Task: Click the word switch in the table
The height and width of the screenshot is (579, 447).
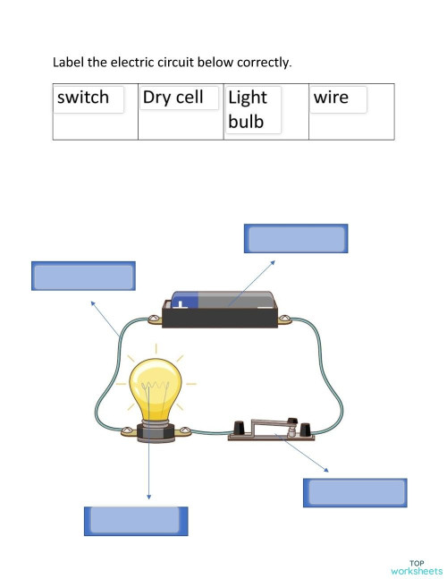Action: click(x=83, y=98)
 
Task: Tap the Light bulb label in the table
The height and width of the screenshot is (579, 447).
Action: click(x=248, y=109)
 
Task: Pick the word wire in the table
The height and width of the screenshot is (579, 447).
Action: click(x=332, y=98)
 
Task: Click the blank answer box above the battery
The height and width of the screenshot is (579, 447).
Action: click(x=296, y=239)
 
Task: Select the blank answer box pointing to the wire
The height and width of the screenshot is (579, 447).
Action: click(x=83, y=276)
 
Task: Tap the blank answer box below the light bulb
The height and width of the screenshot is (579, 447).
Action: click(x=136, y=521)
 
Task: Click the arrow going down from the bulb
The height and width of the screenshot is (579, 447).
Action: click(x=149, y=470)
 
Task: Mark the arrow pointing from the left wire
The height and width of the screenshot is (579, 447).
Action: click(x=105, y=317)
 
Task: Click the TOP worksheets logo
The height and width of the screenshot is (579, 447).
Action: click(x=416, y=566)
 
